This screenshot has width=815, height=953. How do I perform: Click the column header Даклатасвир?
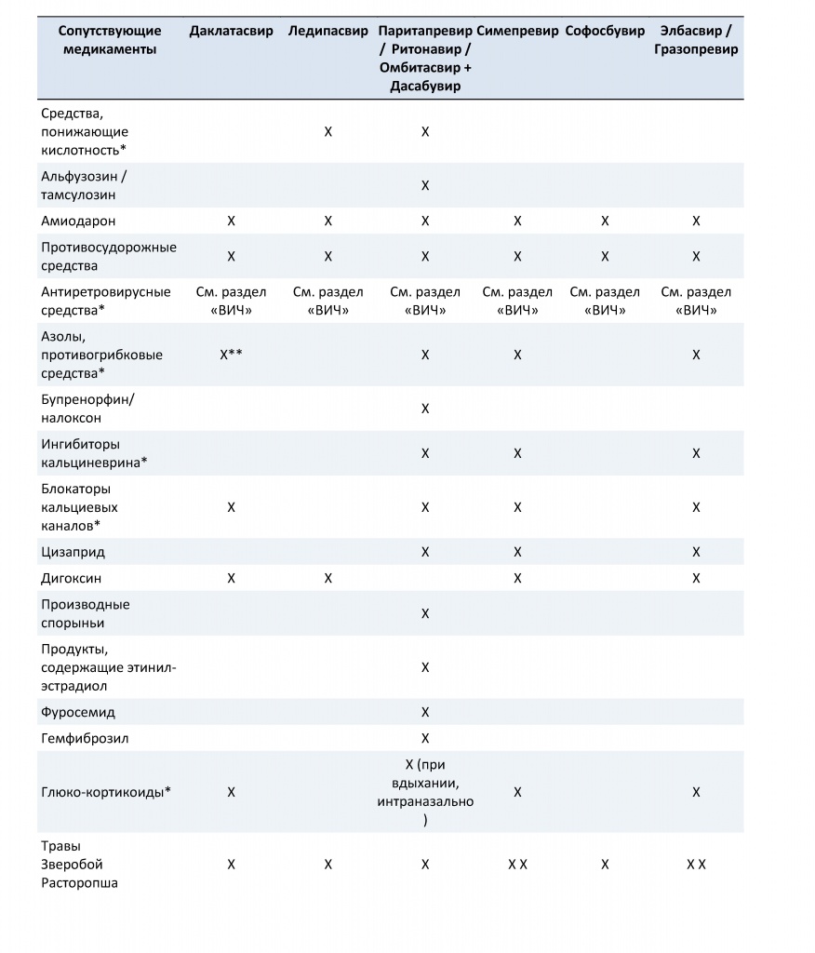[231, 31]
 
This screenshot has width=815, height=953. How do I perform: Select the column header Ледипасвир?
[327, 31]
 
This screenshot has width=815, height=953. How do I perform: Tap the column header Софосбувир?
[605, 31]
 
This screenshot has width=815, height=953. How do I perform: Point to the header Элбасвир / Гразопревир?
[696, 40]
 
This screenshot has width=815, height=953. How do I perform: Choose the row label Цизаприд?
[73, 552]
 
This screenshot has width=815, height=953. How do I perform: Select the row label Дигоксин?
[72, 578]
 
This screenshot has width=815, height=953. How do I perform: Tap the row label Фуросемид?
[78, 712]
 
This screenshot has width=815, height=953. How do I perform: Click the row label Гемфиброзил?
[85, 738]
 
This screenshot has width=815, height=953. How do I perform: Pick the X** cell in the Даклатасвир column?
[232, 355]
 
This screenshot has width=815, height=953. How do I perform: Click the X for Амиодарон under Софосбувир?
[605, 221]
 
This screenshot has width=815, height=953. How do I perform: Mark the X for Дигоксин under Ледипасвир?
[327, 578]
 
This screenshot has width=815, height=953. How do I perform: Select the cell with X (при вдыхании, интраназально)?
[425, 792]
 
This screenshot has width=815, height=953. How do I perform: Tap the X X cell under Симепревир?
[517, 865]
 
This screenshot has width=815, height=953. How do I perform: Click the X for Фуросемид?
[425, 712]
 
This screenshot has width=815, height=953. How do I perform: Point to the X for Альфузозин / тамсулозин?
[425, 185]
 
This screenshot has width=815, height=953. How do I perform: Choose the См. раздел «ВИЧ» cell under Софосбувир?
[605, 301]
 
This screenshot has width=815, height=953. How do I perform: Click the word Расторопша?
[79, 882]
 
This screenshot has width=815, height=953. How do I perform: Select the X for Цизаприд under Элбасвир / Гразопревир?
[696, 552]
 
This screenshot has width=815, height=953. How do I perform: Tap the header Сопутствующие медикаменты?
[102, 40]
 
